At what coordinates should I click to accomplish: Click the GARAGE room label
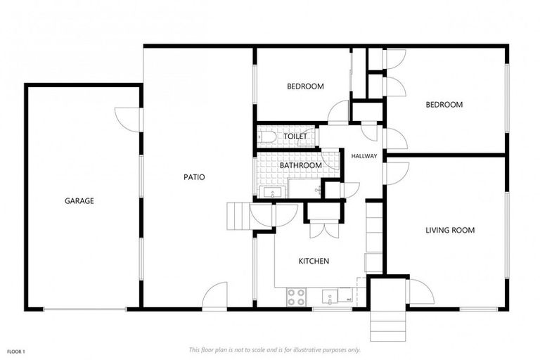pyautogui.click(x=79, y=201)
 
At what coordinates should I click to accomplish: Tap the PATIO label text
pyautogui.click(x=194, y=177)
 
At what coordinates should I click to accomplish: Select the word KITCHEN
pyautogui.click(x=314, y=261)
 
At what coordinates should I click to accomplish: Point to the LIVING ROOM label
pyautogui.click(x=450, y=230)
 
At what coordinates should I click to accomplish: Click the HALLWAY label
pyautogui.click(x=364, y=156)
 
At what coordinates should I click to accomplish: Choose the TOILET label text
pyautogui.click(x=295, y=136)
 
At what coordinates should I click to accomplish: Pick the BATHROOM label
pyautogui.click(x=301, y=166)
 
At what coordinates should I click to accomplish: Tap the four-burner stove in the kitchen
pyautogui.click(x=296, y=297)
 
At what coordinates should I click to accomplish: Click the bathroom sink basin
pyautogui.click(x=271, y=191)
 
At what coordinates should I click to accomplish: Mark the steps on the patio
pyautogui.click(x=238, y=214)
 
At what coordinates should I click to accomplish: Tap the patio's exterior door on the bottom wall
pyautogui.click(x=214, y=296)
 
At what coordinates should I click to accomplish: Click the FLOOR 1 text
pyautogui.click(x=16, y=351)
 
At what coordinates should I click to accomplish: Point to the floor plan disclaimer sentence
pyautogui.click(x=274, y=349)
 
